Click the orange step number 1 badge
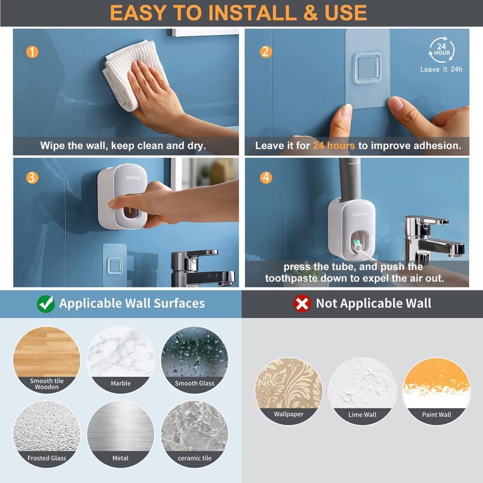[32, 52]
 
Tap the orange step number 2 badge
[266, 52]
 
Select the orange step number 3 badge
[32, 178]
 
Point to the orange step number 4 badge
[266, 178]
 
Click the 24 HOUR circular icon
[442, 50]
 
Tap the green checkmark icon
[45, 303]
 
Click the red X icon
[302, 303]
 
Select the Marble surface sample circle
[121, 360]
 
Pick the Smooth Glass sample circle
[194, 360]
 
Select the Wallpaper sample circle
[289, 391]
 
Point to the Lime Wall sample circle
[362, 391]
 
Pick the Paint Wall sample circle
[436, 391]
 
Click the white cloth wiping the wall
[130, 78]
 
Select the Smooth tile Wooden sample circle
[46, 360]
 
